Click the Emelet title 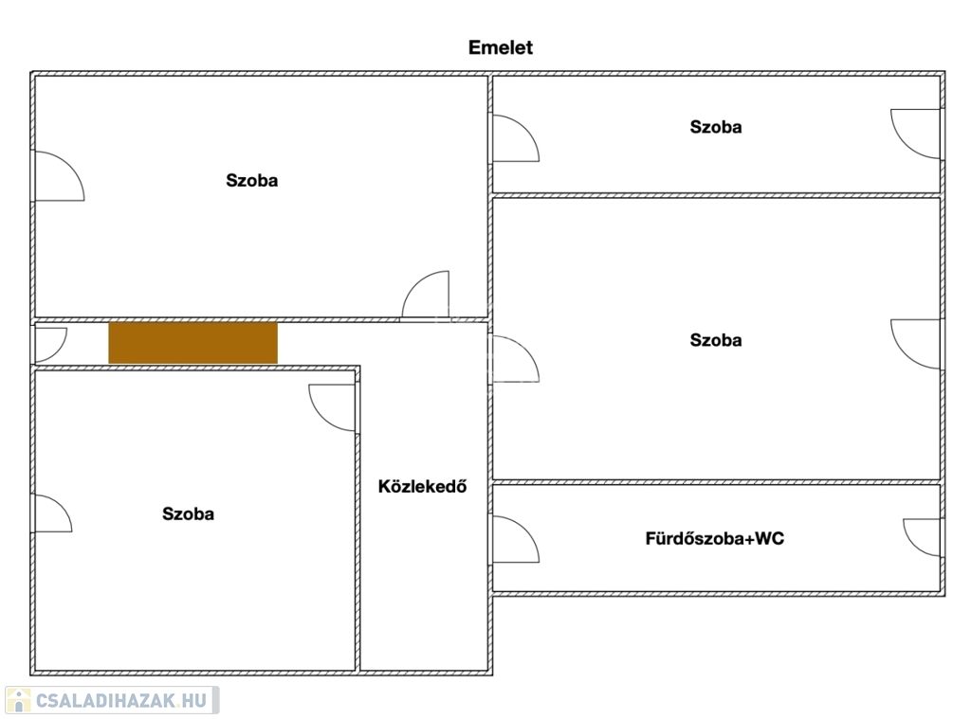click(x=501, y=47)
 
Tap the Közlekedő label click(x=422, y=486)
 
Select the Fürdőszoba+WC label click(x=715, y=538)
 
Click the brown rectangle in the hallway click(x=193, y=342)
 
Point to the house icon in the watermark click(x=19, y=700)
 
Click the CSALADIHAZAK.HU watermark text click(x=120, y=700)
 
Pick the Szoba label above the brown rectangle click(x=251, y=181)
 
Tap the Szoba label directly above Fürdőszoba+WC click(x=716, y=340)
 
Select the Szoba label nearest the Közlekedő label click(x=189, y=513)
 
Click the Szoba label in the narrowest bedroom click(x=716, y=127)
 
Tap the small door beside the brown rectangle click(x=49, y=345)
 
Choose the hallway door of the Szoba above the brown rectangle click(x=426, y=295)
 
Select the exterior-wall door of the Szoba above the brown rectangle click(x=59, y=176)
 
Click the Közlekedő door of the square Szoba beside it click(x=333, y=407)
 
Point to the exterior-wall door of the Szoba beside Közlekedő click(x=53, y=512)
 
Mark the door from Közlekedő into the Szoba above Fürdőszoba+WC click(x=515, y=359)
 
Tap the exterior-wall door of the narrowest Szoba click(x=916, y=134)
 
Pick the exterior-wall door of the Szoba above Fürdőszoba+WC click(x=916, y=344)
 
